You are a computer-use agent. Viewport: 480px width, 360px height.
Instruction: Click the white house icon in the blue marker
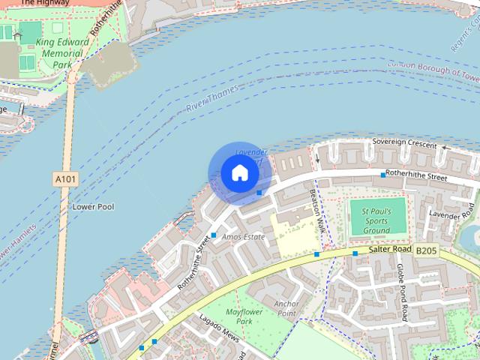pyautogui.click(x=239, y=174)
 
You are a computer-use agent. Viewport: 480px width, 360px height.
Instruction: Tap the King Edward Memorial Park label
pyautogui.click(x=62, y=54)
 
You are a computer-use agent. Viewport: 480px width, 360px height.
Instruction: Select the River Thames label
pyautogui.click(x=211, y=97)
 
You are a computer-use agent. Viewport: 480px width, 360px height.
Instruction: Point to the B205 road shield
pyautogui.click(x=425, y=250)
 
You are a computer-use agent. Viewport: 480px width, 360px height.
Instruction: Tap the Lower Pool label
pyautogui.click(x=93, y=206)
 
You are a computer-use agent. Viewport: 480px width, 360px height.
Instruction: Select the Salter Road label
pyautogui.click(x=390, y=249)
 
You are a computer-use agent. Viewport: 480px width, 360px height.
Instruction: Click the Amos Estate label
pyautogui.click(x=244, y=237)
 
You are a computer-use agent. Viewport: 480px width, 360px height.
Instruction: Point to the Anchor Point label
pyautogui.click(x=286, y=309)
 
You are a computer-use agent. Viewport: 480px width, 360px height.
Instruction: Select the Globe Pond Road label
pyautogui.click(x=402, y=292)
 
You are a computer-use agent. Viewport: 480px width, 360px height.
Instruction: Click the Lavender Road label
pyautogui.click(x=448, y=214)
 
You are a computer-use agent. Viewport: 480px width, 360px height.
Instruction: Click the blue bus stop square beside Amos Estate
pyautogui.click(x=214, y=235)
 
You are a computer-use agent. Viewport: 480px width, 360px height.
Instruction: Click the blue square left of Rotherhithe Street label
pyautogui.click(x=383, y=175)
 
